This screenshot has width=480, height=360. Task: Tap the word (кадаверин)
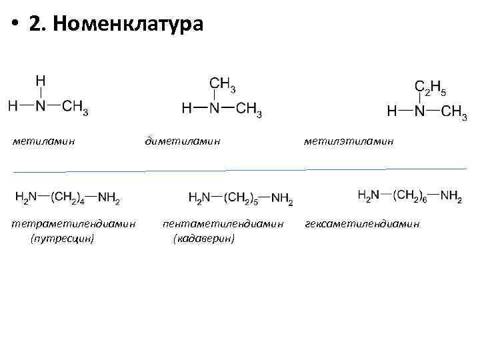tap(203, 237)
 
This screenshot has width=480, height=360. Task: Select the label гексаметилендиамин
tap(363, 224)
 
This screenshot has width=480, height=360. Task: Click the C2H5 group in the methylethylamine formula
tap(431, 87)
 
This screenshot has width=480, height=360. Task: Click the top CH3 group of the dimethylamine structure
tap(222, 85)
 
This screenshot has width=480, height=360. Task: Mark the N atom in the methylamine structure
tap(41, 106)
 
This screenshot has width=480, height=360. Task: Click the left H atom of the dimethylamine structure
tap(187, 109)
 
